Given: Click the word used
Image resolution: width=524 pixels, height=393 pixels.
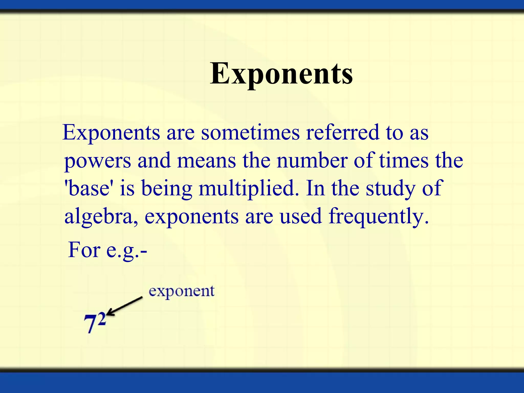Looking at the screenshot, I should pyautogui.click(x=301, y=216).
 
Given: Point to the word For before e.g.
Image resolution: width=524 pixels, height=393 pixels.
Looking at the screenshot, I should pyautogui.click(x=84, y=250).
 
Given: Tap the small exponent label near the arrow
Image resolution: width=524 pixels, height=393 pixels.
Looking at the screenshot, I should pyautogui.click(x=181, y=291).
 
